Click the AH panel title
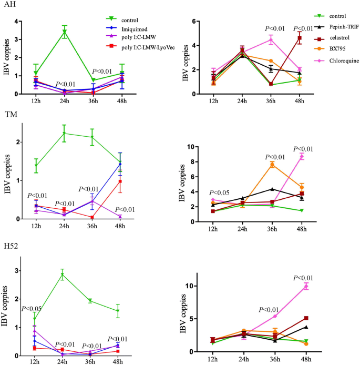[8, 4]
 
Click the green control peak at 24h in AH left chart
[65, 32]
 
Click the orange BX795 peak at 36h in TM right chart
[272, 165]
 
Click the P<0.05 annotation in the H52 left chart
[32, 308]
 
